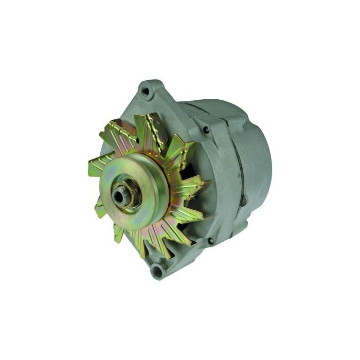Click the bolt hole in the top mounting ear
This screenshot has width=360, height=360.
pyautogui.click(x=146, y=92)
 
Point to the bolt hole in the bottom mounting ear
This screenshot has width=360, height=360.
pyautogui.click(x=158, y=268)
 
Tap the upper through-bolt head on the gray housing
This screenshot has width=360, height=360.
pyautogui.click(x=206, y=130)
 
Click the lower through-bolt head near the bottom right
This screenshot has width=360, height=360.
pyautogui.click(x=210, y=241)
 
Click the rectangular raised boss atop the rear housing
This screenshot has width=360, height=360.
pyautogui.click(x=234, y=121)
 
